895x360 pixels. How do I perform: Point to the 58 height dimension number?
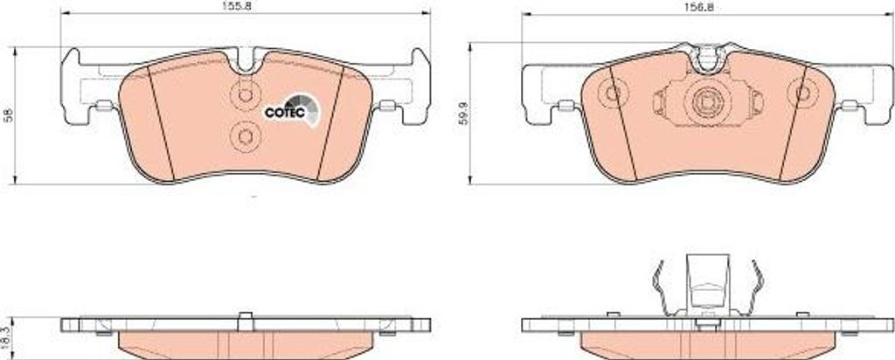click(x=7, y=116)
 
